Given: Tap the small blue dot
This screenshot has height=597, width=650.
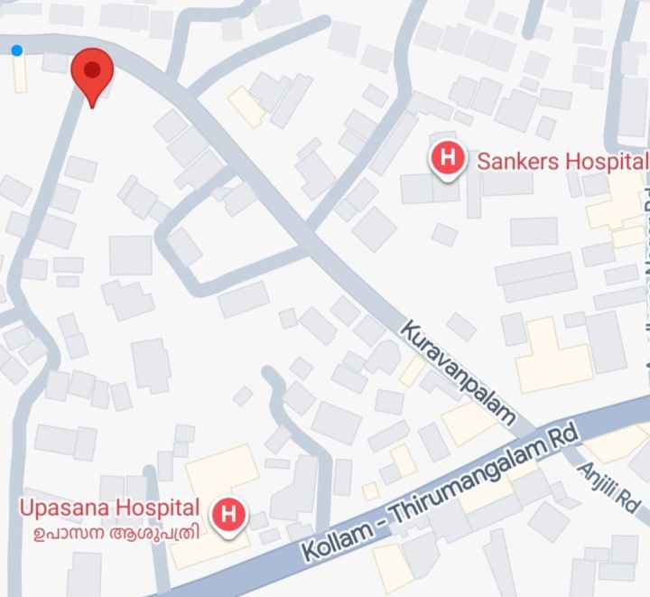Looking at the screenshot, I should tap(17, 51).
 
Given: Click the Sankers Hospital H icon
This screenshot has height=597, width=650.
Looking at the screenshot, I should tap(448, 159).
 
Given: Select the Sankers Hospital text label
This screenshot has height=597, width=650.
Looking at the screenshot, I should tap(562, 162).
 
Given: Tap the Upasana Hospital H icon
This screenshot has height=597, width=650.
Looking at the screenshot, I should tap(228, 516).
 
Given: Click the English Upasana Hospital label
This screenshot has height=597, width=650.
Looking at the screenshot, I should tap(109, 507).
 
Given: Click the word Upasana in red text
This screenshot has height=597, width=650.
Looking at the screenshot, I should tap(59, 507).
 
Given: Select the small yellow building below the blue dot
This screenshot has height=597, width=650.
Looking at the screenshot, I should tap(20, 76).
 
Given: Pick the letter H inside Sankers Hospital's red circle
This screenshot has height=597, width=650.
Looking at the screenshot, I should tap(448, 159).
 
